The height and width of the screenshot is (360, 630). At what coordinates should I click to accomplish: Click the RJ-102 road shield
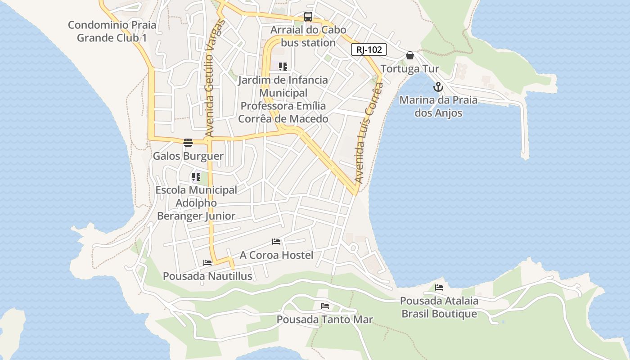(369, 49)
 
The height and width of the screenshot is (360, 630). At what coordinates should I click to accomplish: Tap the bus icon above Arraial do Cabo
(308, 17)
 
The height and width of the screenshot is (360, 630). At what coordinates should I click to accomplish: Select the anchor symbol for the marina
(438, 87)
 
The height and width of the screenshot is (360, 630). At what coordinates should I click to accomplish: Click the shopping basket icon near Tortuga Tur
(410, 55)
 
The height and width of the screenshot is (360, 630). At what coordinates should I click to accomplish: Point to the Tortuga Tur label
(409, 69)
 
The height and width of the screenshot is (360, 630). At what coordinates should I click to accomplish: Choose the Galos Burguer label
(188, 156)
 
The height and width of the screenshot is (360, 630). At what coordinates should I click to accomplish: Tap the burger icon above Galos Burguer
(188, 143)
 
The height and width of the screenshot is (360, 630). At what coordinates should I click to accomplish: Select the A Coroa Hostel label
(276, 255)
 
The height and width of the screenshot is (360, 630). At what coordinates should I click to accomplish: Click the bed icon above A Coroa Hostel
(276, 242)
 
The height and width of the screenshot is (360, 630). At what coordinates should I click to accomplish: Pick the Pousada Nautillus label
(207, 276)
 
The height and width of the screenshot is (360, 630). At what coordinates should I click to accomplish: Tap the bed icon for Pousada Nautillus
(207, 263)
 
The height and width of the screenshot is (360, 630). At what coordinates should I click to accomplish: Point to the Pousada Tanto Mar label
(325, 319)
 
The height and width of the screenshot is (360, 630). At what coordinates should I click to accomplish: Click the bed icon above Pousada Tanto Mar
(325, 306)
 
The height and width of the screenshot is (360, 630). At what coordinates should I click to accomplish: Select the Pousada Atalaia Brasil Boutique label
(439, 307)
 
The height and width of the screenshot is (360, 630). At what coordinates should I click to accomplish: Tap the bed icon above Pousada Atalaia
(439, 287)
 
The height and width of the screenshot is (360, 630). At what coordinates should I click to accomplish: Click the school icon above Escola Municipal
(196, 177)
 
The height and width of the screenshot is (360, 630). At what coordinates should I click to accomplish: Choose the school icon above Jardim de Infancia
(283, 67)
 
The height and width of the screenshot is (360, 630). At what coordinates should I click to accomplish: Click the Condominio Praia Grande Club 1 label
(112, 31)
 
